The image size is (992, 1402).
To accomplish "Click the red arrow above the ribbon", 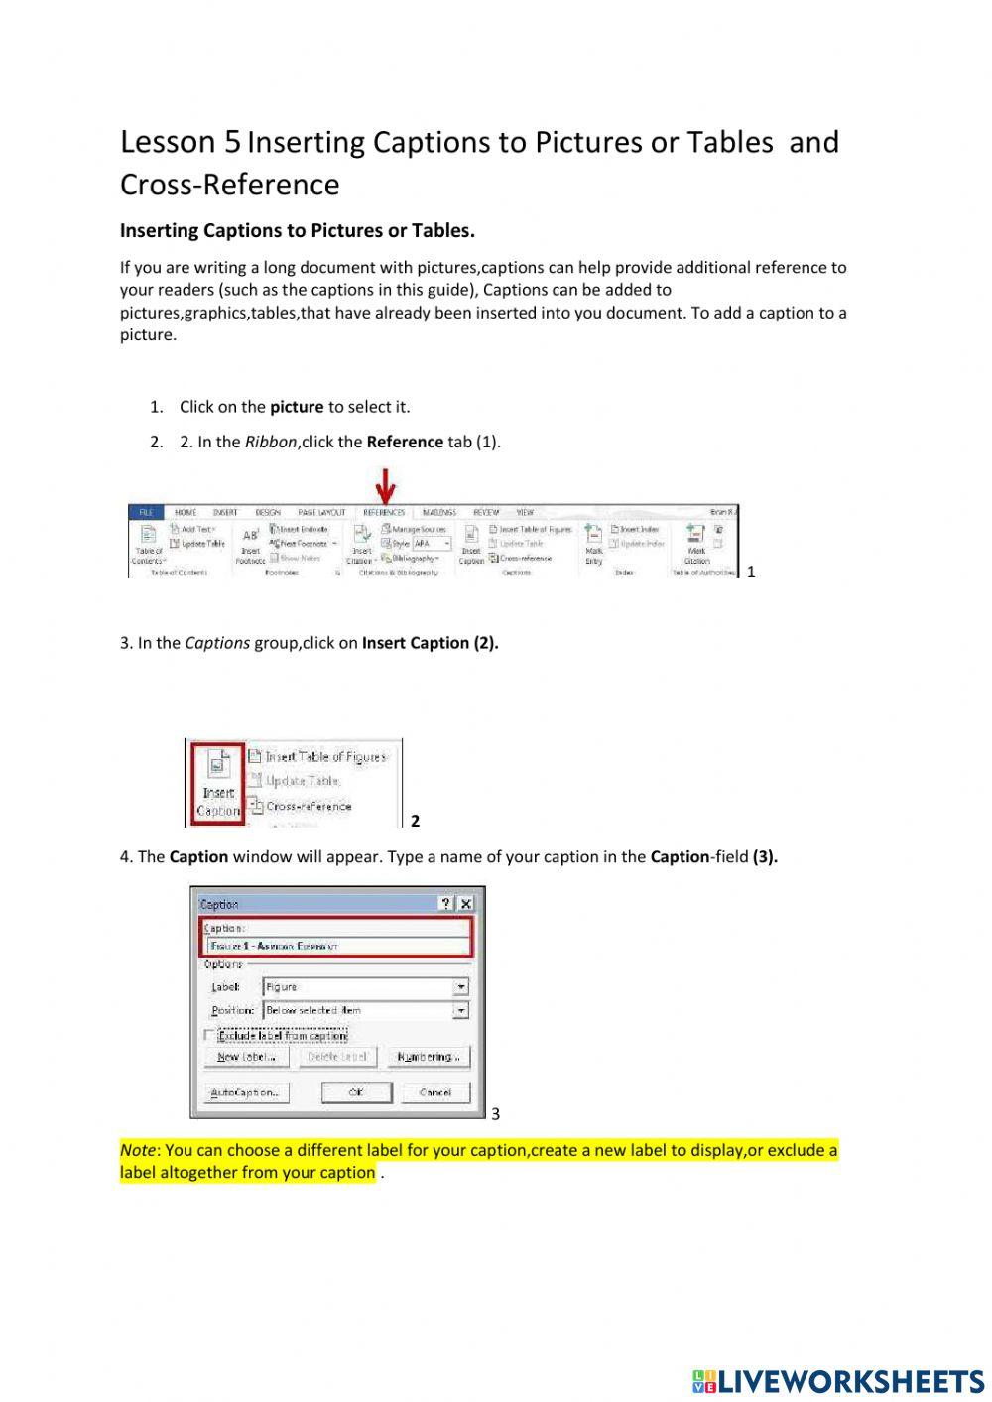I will click(x=386, y=486).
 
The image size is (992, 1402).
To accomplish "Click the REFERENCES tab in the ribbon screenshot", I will click(x=383, y=513).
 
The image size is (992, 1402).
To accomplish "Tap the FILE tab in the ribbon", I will click(x=145, y=513).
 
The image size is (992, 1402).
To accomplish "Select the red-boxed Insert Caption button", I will click(x=218, y=783).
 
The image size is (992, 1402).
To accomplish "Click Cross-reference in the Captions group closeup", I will click(x=308, y=807).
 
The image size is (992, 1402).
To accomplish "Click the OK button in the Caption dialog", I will click(x=356, y=1092).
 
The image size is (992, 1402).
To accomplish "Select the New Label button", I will click(x=246, y=1057).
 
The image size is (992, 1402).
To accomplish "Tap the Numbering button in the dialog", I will click(x=428, y=1057).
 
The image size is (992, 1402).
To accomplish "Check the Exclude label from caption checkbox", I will click(x=209, y=1035).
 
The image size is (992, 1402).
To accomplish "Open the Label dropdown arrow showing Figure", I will click(x=460, y=987).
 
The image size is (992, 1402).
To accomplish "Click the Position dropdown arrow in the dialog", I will click(x=460, y=1010).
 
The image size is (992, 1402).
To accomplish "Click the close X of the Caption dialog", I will click(x=465, y=904).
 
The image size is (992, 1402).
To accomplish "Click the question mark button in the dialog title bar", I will click(x=446, y=904).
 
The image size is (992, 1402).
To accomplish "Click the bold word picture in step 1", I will click(x=297, y=407).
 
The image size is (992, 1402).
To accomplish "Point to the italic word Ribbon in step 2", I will click(x=270, y=443).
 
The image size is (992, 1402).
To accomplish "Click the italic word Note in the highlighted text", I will click(x=138, y=1151).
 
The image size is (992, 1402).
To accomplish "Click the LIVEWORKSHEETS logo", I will click(x=837, y=1381).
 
